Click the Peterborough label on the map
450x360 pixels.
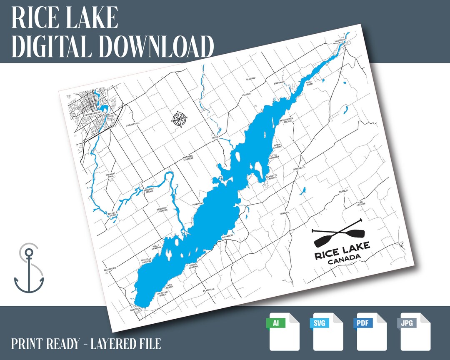[x=92, y=114]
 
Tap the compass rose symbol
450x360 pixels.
[x=179, y=119]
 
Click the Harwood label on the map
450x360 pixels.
[x=227, y=236]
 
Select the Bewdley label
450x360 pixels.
[x=135, y=310]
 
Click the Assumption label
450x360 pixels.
[x=133, y=124]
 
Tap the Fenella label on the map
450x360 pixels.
[x=285, y=212]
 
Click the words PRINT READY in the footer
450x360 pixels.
[x=45, y=344]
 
